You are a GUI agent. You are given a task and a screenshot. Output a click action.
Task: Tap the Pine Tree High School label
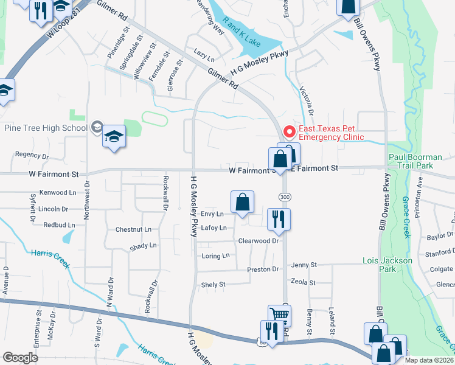(46, 127)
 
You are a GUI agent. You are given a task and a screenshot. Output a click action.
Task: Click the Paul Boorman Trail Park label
(419, 161)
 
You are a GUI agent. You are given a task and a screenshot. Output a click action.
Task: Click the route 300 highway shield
(284, 197)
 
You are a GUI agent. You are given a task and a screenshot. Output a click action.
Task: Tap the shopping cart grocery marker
(279, 315)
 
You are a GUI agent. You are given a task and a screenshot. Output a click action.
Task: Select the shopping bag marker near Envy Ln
(242, 203)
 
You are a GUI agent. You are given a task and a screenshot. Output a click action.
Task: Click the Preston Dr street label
(263, 269)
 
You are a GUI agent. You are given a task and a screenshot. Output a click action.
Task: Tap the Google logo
(20, 358)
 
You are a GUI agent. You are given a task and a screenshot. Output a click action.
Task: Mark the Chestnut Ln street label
(133, 230)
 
